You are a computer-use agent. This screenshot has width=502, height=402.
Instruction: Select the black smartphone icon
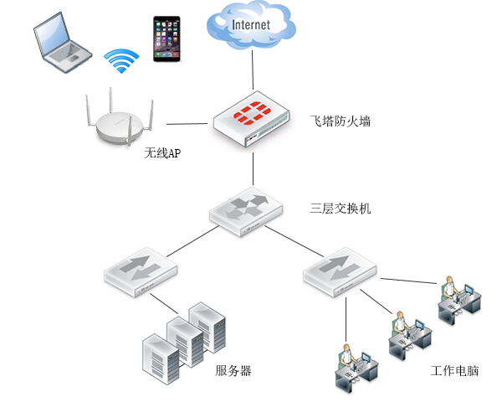166,38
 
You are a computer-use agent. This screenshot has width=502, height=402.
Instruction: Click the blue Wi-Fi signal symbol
121,61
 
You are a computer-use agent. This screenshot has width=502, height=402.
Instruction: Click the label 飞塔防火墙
340,121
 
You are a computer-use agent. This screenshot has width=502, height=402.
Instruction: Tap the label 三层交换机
340,208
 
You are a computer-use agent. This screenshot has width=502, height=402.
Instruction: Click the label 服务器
233,371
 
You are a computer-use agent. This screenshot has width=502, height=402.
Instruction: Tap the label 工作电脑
455,371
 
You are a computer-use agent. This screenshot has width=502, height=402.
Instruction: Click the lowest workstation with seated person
356,368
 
